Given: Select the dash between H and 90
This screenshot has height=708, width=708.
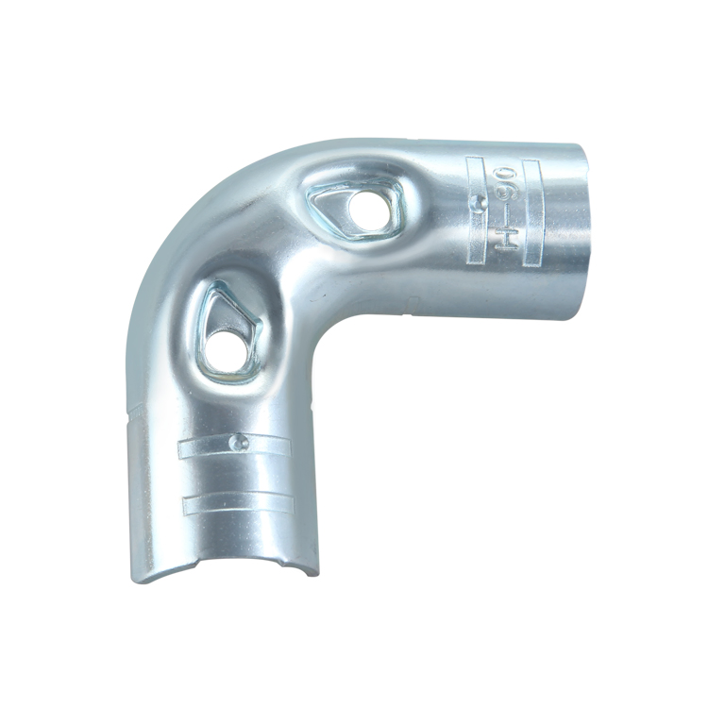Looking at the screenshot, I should (504, 210).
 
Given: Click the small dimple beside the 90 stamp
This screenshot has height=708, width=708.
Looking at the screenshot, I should (480, 201).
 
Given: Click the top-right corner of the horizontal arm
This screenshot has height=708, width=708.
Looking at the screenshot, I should (582, 145).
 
